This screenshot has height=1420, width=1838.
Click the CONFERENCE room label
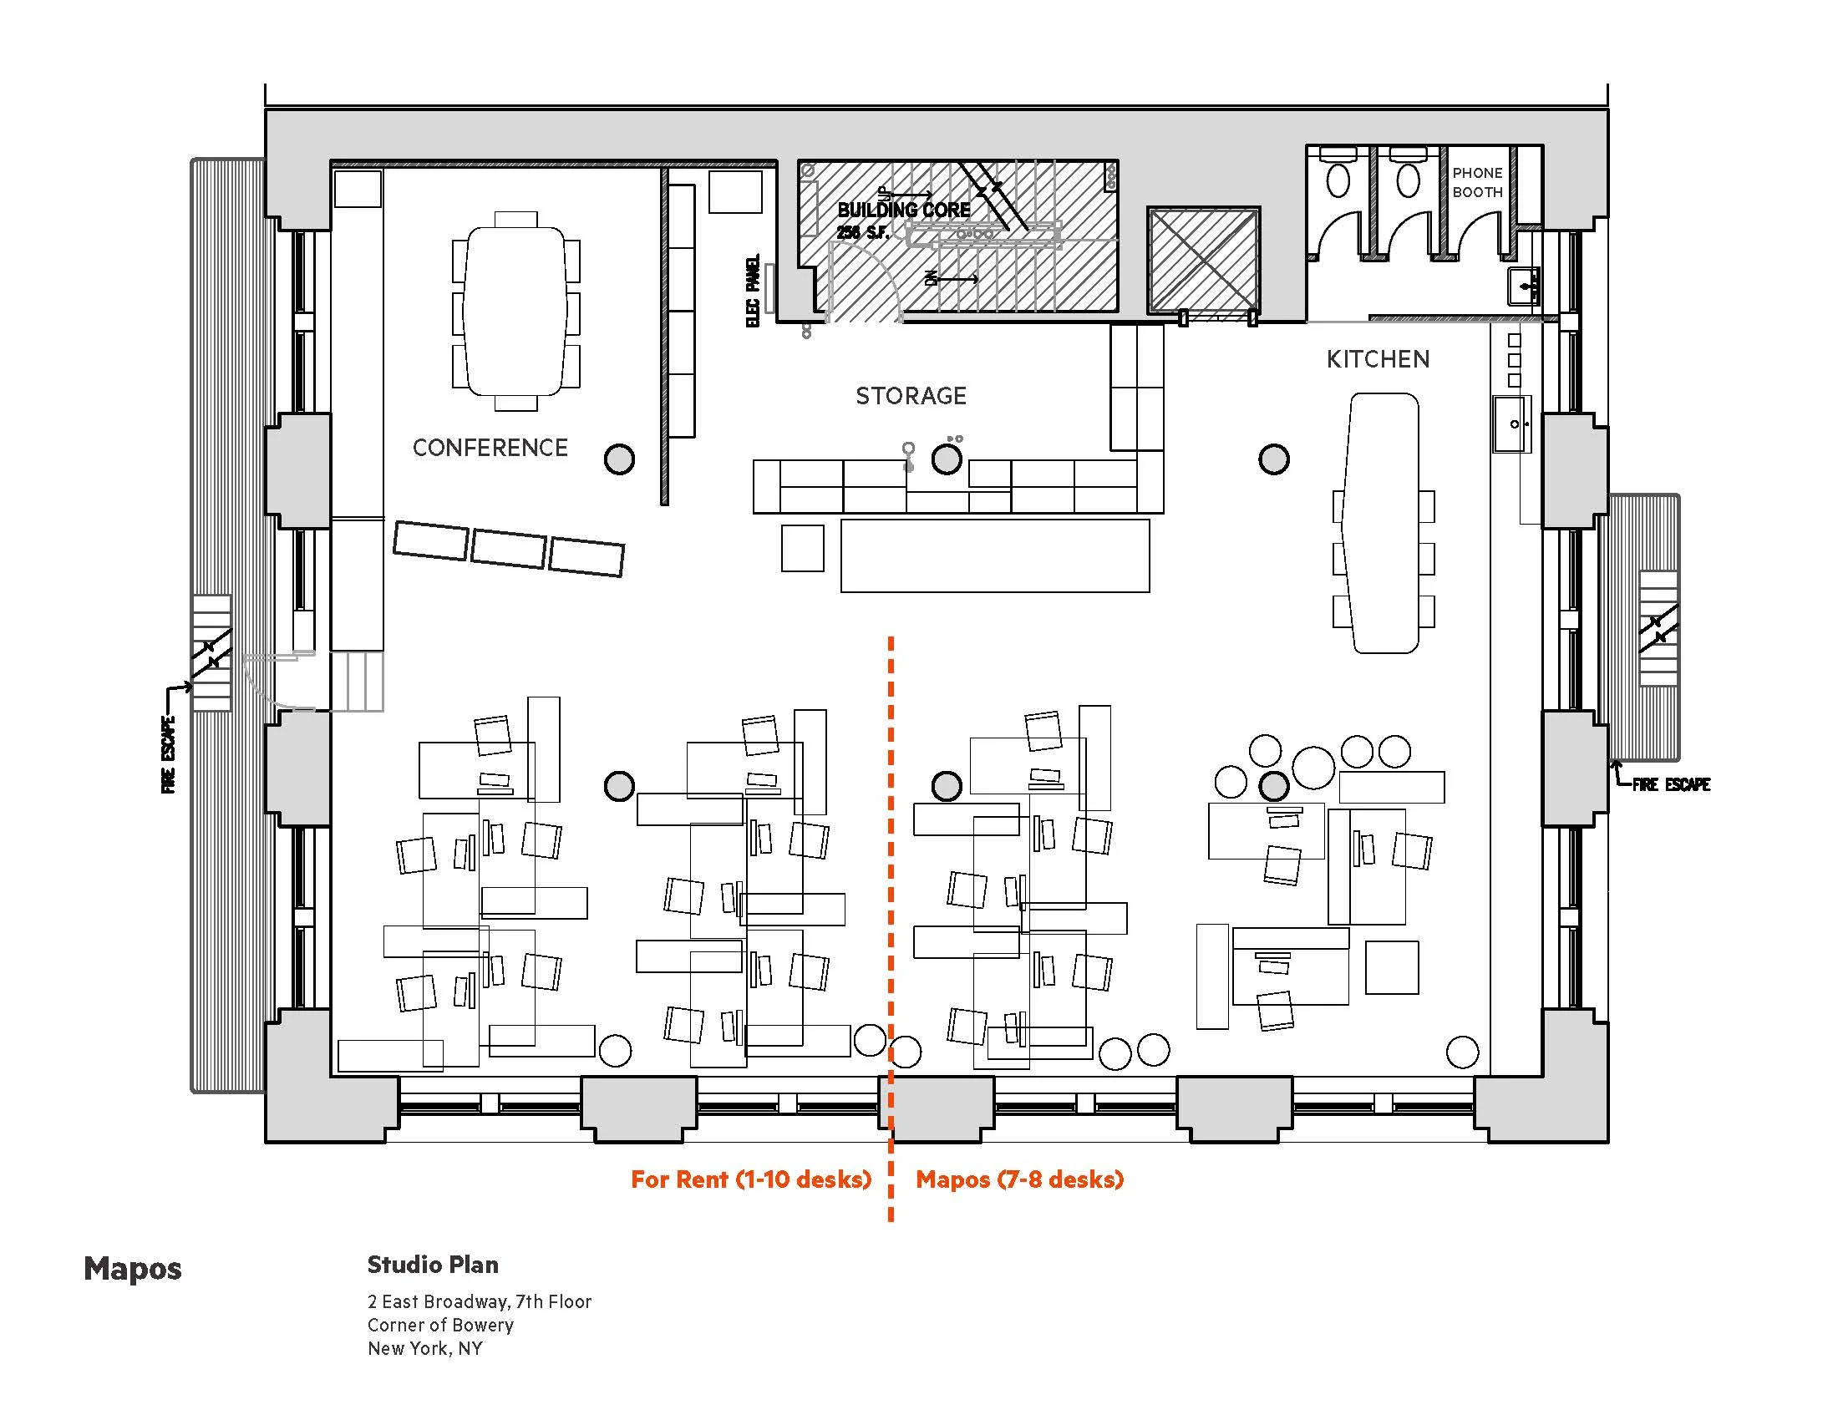[x=490, y=448]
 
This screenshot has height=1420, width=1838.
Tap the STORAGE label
[x=911, y=395]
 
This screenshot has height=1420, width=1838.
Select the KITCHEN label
[x=1378, y=359]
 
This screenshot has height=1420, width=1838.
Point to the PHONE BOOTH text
[x=1477, y=183]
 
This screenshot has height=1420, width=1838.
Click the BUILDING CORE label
[x=903, y=210]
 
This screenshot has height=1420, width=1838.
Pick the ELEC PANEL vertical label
[x=753, y=290]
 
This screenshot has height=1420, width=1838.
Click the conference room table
[x=515, y=312]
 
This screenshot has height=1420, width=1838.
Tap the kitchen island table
[x=1384, y=522]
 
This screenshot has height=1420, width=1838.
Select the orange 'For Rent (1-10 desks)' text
[x=751, y=1179]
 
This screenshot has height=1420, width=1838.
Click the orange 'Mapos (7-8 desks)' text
[x=1019, y=1179]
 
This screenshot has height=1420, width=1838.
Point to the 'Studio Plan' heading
[x=433, y=1265]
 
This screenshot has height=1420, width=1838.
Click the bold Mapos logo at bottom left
[x=132, y=1269]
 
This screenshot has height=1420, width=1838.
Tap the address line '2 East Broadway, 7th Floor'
[x=479, y=1301]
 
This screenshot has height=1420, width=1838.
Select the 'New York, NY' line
[x=425, y=1348]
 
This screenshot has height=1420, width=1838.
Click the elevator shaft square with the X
[x=1203, y=260]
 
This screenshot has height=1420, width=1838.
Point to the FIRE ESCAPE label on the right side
[x=1671, y=785]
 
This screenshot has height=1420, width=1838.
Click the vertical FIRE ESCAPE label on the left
[x=169, y=754]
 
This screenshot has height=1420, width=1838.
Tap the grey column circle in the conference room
[x=619, y=459]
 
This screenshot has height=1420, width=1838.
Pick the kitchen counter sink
[x=1512, y=425]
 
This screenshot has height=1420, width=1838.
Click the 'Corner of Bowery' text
[x=440, y=1325]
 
